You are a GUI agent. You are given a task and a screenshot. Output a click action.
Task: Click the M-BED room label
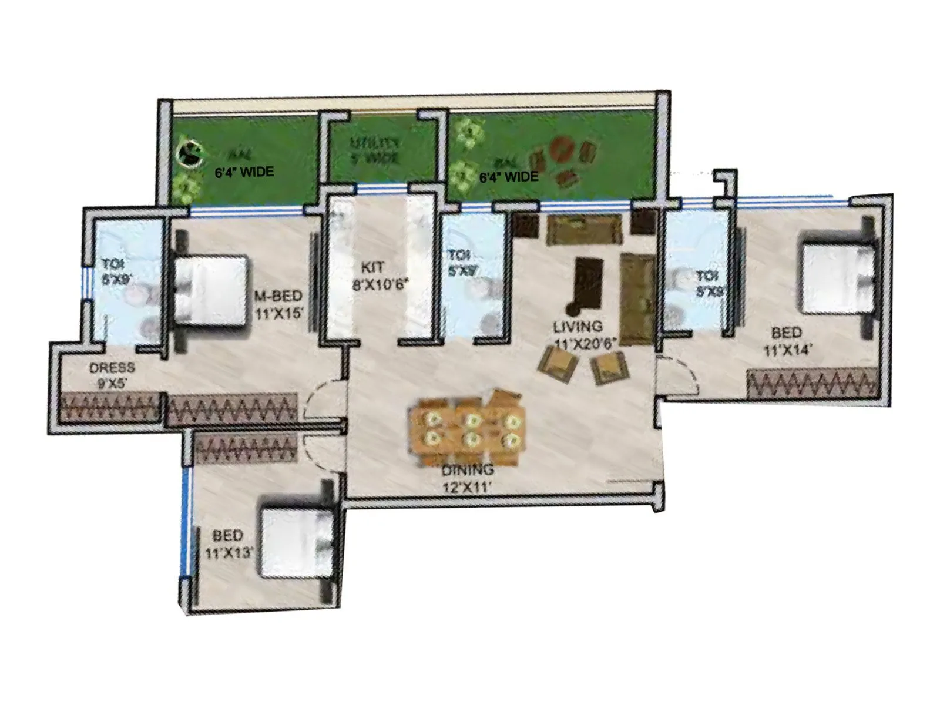[x=278, y=304]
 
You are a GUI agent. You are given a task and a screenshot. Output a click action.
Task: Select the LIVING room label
[x=578, y=334]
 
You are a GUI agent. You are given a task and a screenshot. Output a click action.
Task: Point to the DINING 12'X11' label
[x=467, y=478]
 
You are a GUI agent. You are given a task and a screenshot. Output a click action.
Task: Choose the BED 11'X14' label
[x=787, y=341]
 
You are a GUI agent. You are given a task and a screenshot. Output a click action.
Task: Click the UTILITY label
[x=375, y=150]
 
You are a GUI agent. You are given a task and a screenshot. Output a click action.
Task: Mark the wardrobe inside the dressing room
[x=110, y=406]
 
